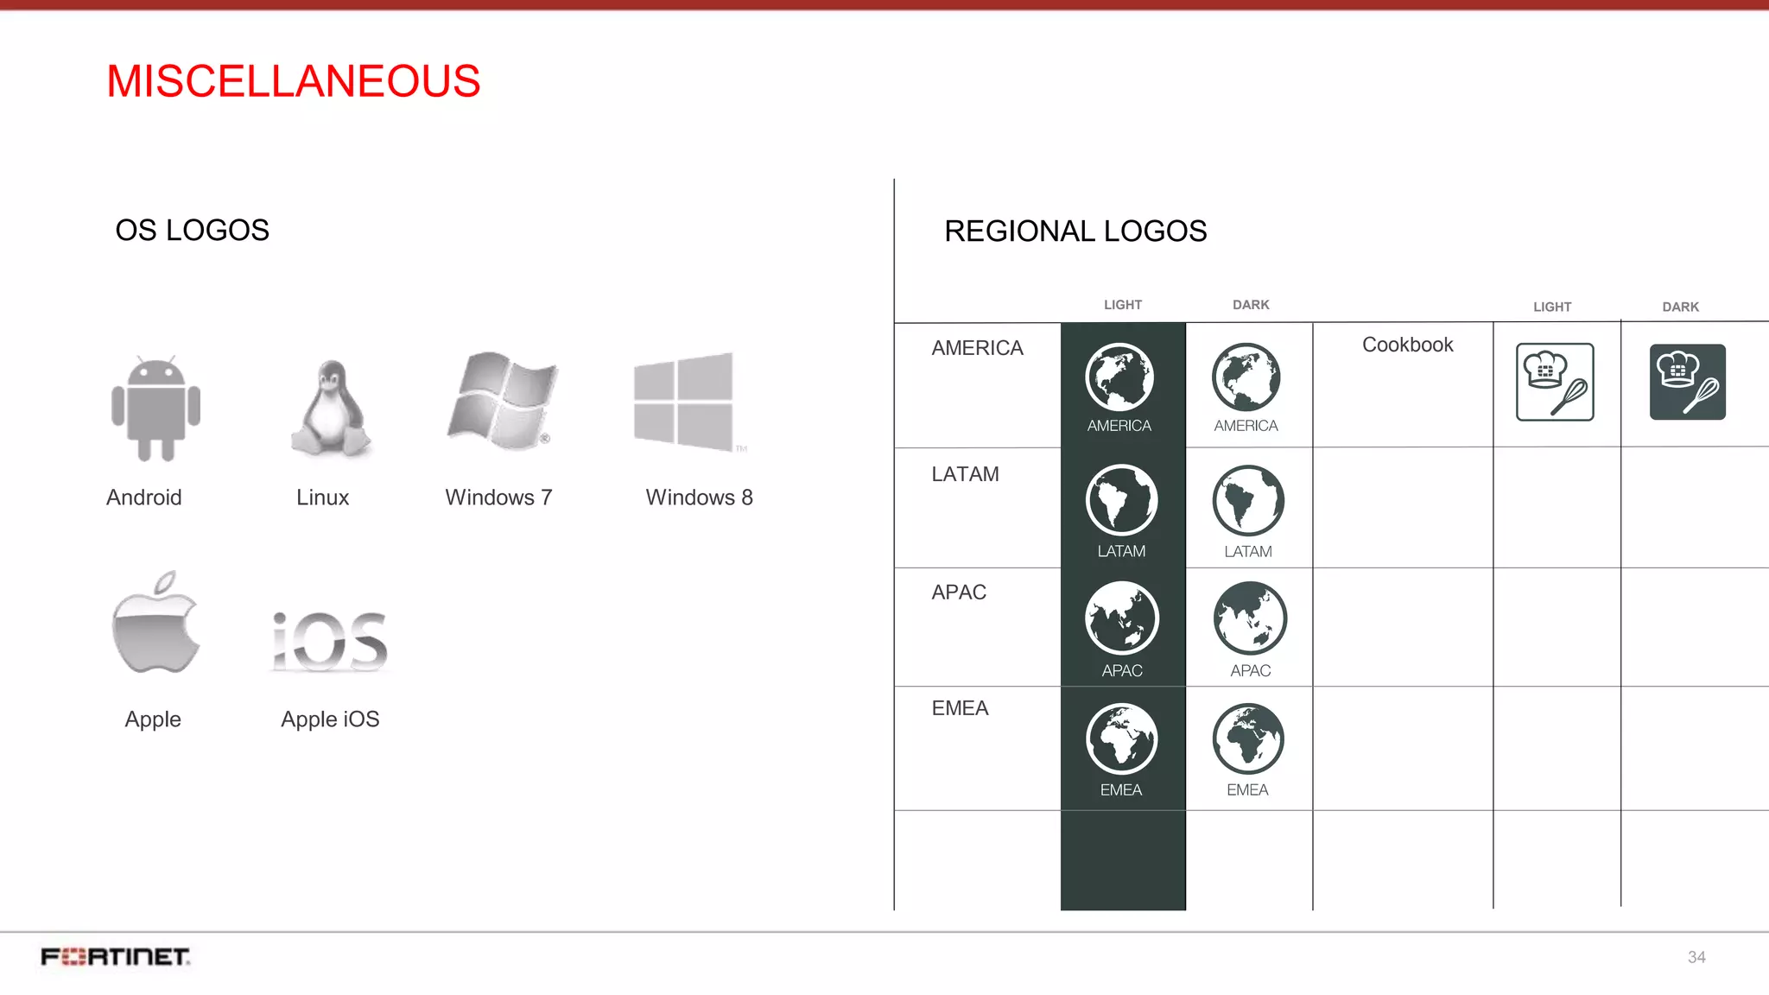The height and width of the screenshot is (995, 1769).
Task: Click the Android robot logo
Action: [x=155, y=408]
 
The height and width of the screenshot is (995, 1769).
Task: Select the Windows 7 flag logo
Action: [x=502, y=401]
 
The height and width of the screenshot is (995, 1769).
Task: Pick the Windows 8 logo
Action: [x=684, y=402]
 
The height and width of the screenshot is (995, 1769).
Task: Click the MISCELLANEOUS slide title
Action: [x=293, y=81]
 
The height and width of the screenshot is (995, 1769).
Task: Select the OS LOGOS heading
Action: [x=192, y=231]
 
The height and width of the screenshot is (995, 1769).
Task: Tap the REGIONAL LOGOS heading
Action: [x=1075, y=231]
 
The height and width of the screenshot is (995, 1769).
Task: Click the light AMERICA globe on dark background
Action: [x=1119, y=377]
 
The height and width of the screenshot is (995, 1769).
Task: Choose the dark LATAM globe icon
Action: [x=1248, y=501]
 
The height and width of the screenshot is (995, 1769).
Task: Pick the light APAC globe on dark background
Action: [x=1122, y=618]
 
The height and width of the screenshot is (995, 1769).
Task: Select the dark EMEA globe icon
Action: [x=1248, y=739]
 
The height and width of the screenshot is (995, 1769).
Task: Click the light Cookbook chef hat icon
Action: [x=1555, y=382]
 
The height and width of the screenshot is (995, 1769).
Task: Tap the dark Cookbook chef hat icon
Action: [x=1687, y=382]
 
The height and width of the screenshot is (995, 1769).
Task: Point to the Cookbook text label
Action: [x=1407, y=345]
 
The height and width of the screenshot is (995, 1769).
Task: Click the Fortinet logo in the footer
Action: [x=116, y=957]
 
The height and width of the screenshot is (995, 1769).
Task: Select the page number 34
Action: [x=1696, y=957]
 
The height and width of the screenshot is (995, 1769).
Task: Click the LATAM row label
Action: [x=965, y=474]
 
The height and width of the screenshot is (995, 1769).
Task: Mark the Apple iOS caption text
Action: [x=330, y=719]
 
